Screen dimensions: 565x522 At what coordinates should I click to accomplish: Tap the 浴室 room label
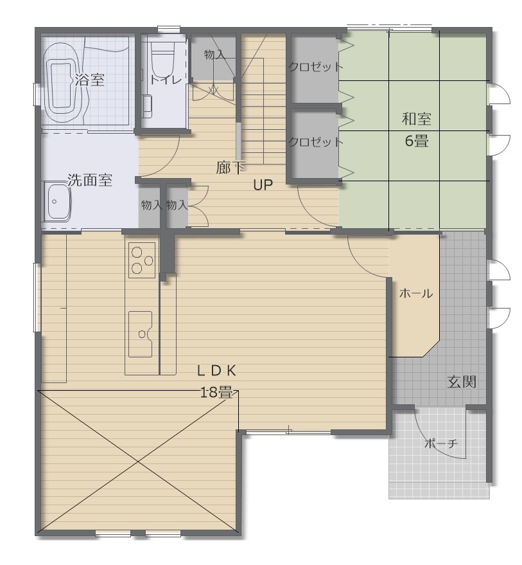pyautogui.click(x=89, y=80)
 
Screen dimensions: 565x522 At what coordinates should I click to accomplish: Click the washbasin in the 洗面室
pyautogui.click(x=57, y=202)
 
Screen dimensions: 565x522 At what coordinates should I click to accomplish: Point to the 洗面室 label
pyautogui.click(x=90, y=180)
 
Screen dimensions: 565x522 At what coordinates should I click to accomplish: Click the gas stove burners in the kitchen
pyautogui.click(x=142, y=260)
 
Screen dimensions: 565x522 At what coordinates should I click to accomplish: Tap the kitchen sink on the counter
pyautogui.click(x=140, y=333)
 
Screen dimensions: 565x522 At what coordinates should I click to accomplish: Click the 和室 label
pyautogui.click(x=416, y=119)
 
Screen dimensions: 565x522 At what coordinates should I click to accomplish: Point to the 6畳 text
pyautogui.click(x=416, y=141)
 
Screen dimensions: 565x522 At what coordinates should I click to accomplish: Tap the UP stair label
pyautogui.click(x=263, y=186)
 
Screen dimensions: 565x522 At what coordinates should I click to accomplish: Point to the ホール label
pyautogui.click(x=415, y=294)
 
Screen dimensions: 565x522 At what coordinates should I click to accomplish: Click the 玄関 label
pyautogui.click(x=461, y=382)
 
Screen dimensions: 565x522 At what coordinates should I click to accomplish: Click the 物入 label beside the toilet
pyautogui.click(x=214, y=55)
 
